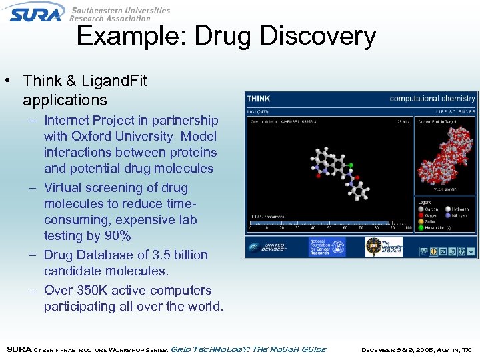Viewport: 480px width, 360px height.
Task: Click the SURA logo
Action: (x=37, y=12)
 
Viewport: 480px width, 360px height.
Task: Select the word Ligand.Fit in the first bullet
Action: (x=114, y=81)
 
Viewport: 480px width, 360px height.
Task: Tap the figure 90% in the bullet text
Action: (x=117, y=236)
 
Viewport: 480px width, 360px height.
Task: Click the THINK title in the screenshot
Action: (x=259, y=99)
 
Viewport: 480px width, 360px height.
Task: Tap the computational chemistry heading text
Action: (x=432, y=99)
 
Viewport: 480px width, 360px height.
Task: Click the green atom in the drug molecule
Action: (x=351, y=164)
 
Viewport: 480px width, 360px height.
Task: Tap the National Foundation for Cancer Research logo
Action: (x=327, y=247)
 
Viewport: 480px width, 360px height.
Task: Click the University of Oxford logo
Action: (x=383, y=247)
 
